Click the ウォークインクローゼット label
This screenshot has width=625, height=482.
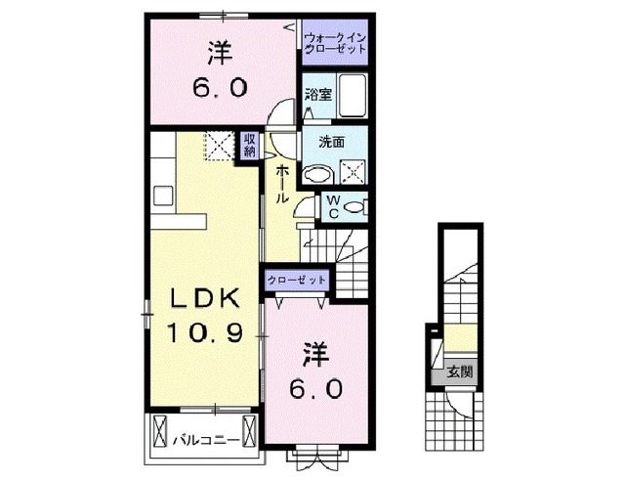pos(335,41)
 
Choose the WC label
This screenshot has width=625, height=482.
pos(333,206)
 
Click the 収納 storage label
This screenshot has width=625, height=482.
pos(250,147)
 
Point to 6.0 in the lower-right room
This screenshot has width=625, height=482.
pos(315,389)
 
